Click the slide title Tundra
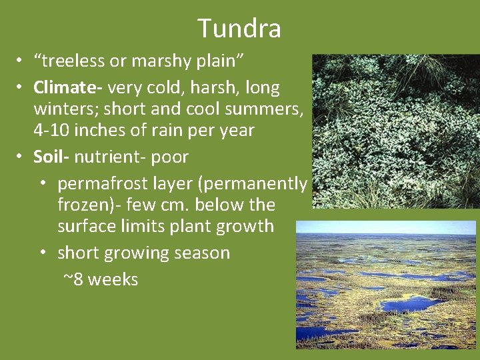click(239, 28)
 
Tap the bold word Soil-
click(51, 157)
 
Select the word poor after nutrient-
click(169, 157)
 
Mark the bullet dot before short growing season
click(43, 253)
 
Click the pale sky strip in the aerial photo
click(386, 227)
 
